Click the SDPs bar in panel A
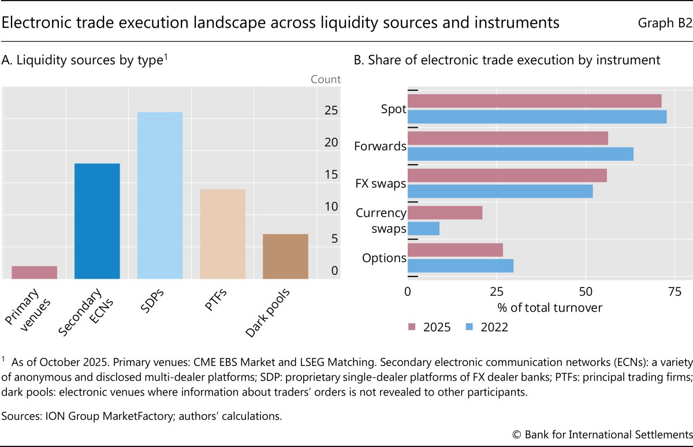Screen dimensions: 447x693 click(x=160, y=195)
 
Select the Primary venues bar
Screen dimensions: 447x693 click(x=34, y=272)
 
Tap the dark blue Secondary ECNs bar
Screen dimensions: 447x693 click(x=97, y=221)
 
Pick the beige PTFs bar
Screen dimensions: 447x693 click(x=223, y=234)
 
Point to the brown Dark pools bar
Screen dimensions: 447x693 click(x=285, y=256)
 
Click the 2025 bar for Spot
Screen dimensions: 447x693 click(x=534, y=101)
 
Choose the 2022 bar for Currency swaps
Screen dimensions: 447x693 click(x=423, y=228)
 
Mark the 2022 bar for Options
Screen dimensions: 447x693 click(x=460, y=265)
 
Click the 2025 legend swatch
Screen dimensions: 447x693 click(x=412, y=327)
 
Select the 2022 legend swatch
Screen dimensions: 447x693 click(x=470, y=327)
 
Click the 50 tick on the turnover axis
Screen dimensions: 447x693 click(x=586, y=292)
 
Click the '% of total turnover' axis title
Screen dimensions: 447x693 click(x=549, y=308)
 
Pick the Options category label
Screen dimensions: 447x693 click(x=384, y=258)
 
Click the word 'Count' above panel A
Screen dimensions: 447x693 click(x=326, y=79)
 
